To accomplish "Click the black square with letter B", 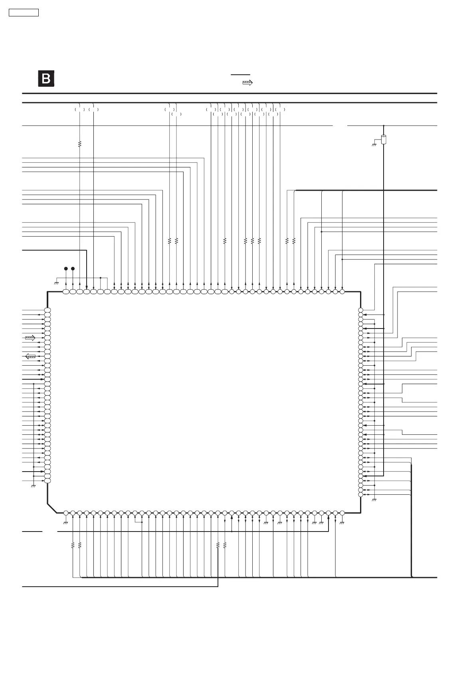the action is [46, 79].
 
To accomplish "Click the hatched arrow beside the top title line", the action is [247, 83].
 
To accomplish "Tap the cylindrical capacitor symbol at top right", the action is [384, 140].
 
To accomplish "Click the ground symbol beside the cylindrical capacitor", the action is [374, 144].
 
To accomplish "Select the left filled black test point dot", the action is [66, 268].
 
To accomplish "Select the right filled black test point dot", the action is [73, 268].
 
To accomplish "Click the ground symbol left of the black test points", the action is [56, 283].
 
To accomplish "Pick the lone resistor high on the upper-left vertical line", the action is [80, 144].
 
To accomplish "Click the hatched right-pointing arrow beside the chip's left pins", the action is [30, 338].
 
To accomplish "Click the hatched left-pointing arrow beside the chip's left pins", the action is [30, 356].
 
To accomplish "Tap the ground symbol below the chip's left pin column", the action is [34, 486].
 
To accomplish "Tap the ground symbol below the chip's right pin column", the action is [374, 500].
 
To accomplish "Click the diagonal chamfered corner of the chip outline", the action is [52, 508].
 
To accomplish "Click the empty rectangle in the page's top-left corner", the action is [24, 13].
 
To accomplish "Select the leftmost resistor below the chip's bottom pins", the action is [73, 545].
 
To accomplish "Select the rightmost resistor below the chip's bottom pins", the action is [225, 545].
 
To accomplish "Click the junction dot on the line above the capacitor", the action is [384, 125].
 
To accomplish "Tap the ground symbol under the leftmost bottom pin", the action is [66, 522].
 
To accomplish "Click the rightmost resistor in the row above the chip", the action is [294, 241].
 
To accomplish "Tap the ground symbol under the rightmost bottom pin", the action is [342, 522].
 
